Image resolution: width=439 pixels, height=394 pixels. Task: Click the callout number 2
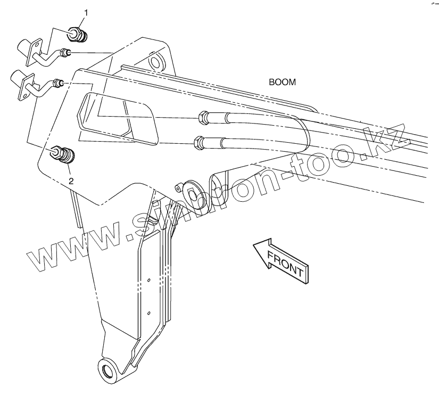click(x=71, y=180)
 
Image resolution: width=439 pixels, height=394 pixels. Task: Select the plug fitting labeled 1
click(x=79, y=34)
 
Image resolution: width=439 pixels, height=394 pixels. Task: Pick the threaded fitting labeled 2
click(x=64, y=156)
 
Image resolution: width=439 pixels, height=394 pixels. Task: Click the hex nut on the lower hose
click(x=198, y=142)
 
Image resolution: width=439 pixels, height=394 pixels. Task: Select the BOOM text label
click(x=282, y=83)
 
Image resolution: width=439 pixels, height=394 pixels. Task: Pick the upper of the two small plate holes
click(x=150, y=279)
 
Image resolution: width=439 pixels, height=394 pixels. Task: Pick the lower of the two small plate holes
click(x=150, y=313)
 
